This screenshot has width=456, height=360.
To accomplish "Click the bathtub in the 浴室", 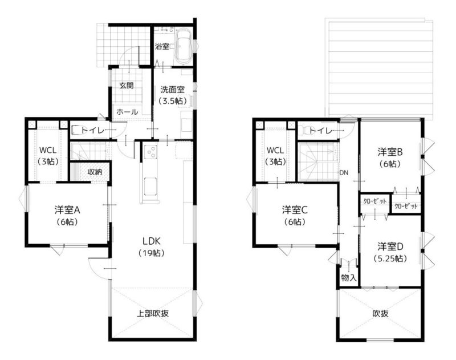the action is (x=183, y=47).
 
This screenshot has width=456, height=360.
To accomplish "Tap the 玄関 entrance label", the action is (x=127, y=86).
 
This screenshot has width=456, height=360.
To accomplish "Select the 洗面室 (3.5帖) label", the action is (x=173, y=95).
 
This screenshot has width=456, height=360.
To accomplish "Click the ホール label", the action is (x=127, y=112).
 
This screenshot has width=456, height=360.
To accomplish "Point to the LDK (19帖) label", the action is (x=151, y=247).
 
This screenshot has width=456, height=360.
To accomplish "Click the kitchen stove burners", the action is (x=150, y=152).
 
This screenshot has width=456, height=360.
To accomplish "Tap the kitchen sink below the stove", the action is (x=150, y=186).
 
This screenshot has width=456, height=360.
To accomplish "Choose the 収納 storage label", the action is (x=95, y=172).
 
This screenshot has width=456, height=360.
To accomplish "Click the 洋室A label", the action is (x=67, y=209).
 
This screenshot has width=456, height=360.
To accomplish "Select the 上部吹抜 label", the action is (x=153, y=313).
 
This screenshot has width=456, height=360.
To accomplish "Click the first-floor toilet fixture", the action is (x=76, y=130).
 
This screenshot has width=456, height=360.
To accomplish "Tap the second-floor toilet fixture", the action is (x=303, y=130).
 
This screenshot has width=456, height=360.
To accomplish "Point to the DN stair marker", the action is (x=344, y=172).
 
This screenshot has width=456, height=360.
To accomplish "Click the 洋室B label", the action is (x=390, y=152).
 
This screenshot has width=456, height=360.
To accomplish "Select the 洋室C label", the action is (x=295, y=209).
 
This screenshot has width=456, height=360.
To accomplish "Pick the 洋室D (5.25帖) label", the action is (x=390, y=252).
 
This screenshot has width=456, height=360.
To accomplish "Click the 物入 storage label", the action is (x=349, y=278).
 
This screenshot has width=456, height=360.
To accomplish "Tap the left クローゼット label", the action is (x=375, y=201).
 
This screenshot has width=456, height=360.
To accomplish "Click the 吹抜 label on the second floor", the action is (x=380, y=313).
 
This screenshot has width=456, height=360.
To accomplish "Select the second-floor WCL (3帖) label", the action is (x=275, y=156).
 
